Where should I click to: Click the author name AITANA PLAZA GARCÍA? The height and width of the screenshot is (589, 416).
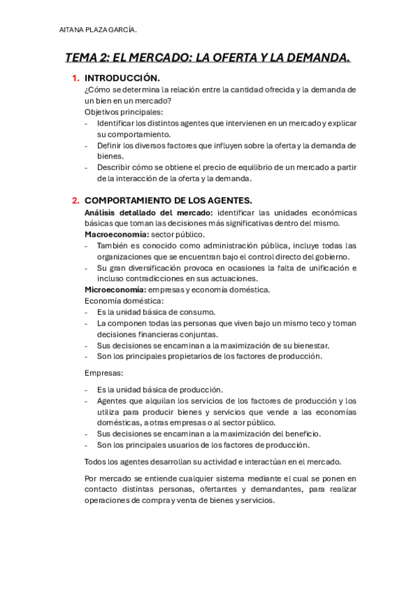(98, 29)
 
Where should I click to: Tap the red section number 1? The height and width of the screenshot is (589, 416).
(76, 78)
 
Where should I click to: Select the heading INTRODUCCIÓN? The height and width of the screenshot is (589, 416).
(122, 78)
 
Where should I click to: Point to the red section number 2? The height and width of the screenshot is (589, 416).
(76, 200)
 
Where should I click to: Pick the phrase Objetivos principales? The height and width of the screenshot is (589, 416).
(124, 112)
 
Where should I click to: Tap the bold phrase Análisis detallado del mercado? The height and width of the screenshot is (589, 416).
(149, 212)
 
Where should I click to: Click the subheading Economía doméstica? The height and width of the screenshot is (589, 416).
(124, 301)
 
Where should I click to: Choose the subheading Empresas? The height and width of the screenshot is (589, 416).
(103, 373)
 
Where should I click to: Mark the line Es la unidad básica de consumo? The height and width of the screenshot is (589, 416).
(156, 312)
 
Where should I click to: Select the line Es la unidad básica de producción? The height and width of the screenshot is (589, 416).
(160, 390)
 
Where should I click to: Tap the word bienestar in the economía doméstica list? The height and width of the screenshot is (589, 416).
(308, 345)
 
